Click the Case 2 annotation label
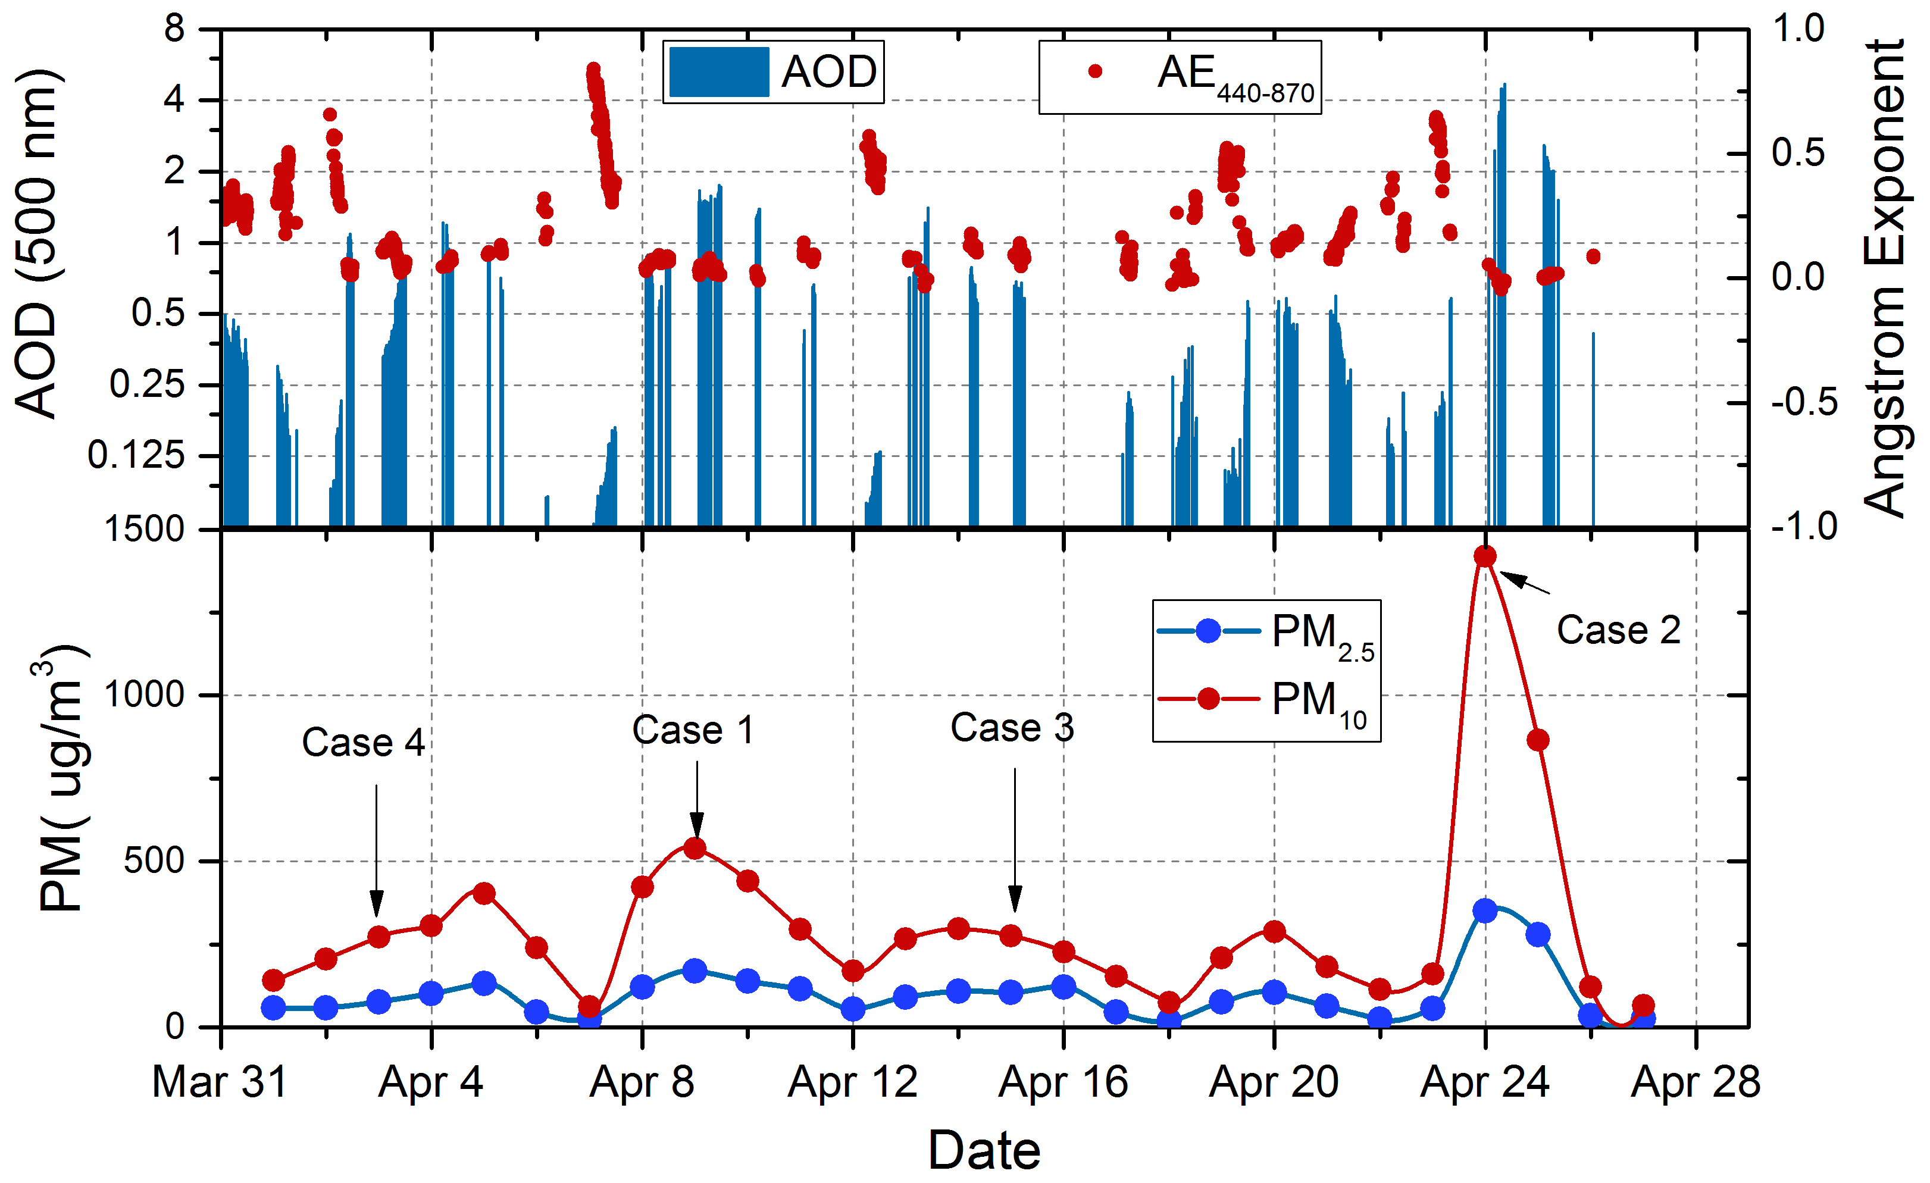1618,631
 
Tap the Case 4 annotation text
364,743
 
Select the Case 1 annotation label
693,730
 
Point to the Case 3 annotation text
1012,728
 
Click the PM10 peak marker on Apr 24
1485,556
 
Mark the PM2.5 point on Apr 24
1485,910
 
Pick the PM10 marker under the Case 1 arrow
695,849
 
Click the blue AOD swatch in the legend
719,72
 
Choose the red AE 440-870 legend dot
1095,72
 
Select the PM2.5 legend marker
1209,631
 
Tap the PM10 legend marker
1209,698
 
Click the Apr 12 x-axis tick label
852,1082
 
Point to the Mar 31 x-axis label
220,1082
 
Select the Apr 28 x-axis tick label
1696,1082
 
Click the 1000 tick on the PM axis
144,695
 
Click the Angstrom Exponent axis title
1884,278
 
